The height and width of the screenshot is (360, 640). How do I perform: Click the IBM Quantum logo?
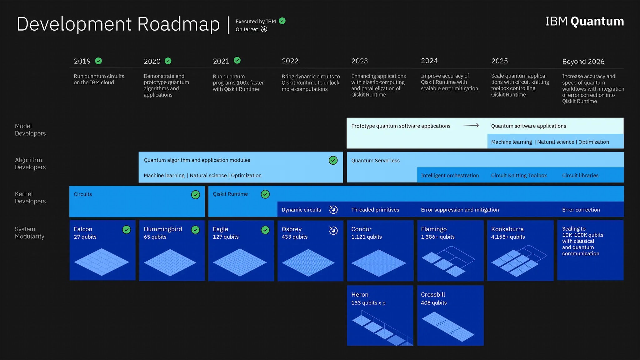[x=584, y=21]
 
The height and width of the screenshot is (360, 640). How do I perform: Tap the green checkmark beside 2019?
[x=98, y=61]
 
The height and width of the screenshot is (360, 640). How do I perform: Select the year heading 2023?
[x=359, y=61]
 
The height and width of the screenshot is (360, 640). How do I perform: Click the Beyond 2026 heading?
[x=583, y=62]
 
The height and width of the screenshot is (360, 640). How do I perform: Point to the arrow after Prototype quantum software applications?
[x=471, y=125]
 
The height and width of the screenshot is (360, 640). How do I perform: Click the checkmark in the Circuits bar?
[x=196, y=195]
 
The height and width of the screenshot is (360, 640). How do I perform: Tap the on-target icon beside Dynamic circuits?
[x=333, y=209]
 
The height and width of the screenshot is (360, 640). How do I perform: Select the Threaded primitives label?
[x=375, y=210]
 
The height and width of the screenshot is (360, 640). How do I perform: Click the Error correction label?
[x=581, y=210]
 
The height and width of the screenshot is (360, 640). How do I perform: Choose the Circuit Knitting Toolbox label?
[x=519, y=175]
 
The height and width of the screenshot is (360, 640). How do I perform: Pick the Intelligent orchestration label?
[x=450, y=175]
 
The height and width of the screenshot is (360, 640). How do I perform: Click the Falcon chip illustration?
[x=102, y=262]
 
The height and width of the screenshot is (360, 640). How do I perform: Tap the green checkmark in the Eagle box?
[x=265, y=230]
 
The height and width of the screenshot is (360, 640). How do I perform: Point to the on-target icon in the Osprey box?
[x=333, y=231]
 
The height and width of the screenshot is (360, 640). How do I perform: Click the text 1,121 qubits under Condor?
[x=366, y=237]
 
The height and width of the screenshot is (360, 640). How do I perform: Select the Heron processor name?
[x=360, y=295]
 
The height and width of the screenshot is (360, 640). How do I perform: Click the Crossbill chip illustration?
[x=448, y=327]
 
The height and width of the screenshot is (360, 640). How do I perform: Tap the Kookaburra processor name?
[x=507, y=229]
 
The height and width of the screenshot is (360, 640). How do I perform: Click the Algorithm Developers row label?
[x=30, y=163]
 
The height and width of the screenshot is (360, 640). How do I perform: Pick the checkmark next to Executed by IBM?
[x=282, y=21]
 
